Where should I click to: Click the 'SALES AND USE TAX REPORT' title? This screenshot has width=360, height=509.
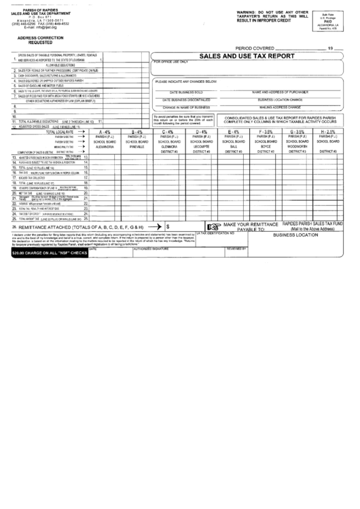249,58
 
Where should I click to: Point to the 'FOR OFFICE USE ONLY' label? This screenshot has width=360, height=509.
173,62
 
